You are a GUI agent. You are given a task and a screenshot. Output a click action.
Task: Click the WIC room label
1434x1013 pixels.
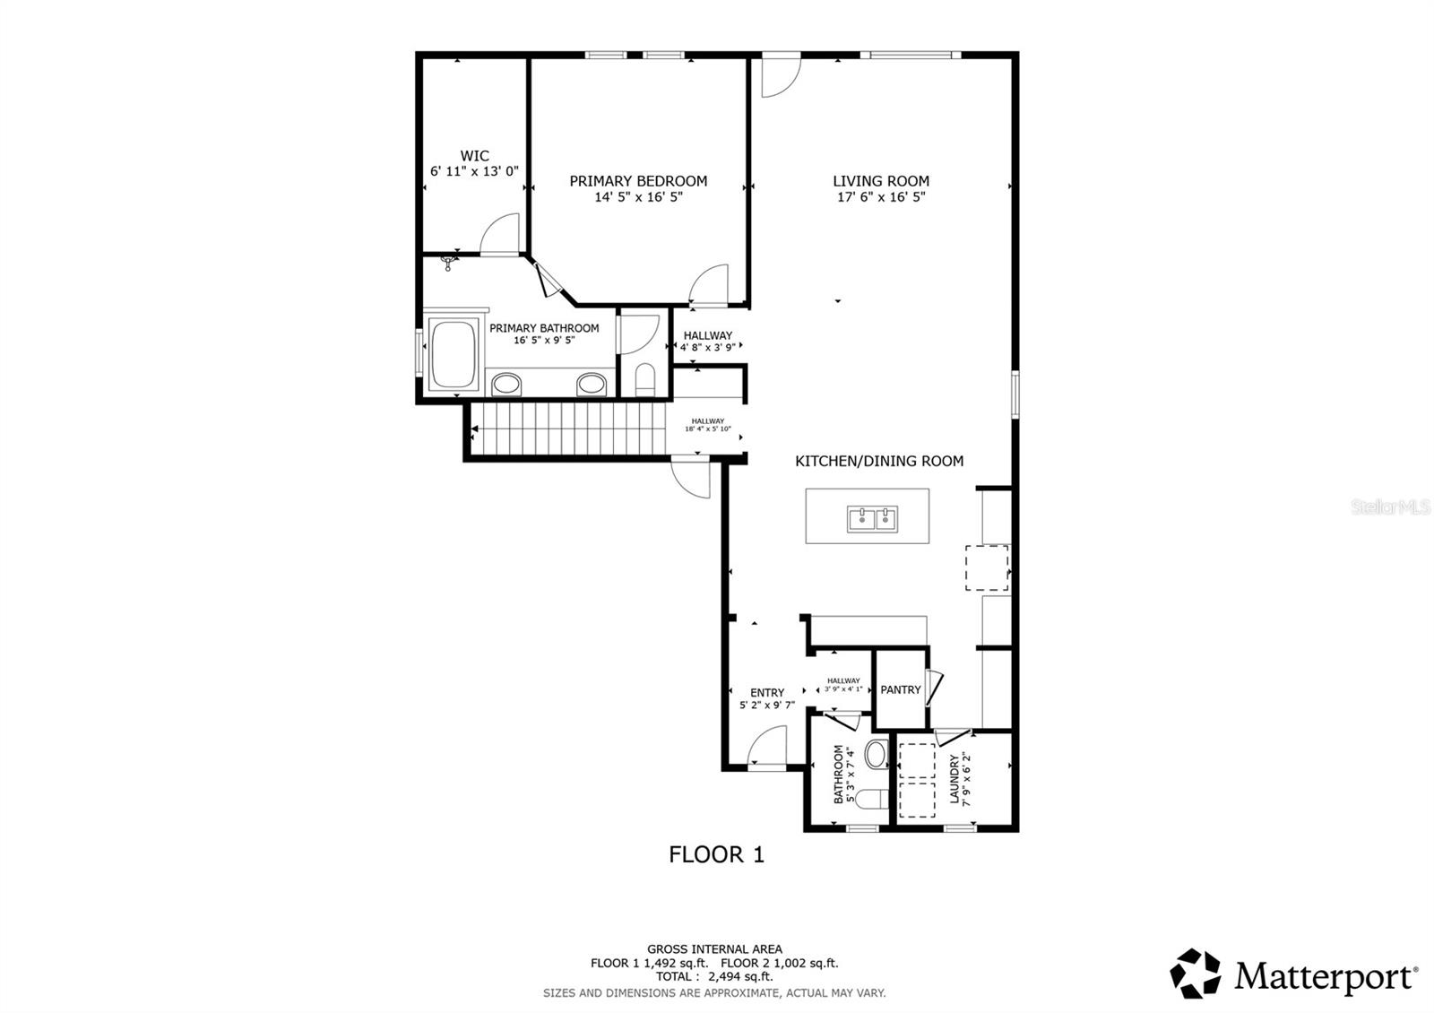474,156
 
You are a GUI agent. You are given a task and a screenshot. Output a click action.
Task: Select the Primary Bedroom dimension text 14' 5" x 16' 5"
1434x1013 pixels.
638,197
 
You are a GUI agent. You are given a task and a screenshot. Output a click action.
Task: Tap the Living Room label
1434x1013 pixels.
880,181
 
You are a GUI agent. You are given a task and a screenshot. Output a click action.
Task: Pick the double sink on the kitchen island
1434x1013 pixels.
873,517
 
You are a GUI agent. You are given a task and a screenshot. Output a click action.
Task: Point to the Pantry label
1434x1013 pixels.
900,689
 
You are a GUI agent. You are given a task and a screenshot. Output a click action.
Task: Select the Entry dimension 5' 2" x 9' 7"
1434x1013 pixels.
766,706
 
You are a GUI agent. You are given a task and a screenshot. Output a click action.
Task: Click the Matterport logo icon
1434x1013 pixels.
1196,973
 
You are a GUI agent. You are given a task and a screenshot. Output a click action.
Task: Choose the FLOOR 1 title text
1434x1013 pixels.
716,854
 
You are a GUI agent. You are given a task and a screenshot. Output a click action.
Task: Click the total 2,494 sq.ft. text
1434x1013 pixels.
714,977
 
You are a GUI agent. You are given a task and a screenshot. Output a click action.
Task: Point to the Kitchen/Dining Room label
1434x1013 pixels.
879,461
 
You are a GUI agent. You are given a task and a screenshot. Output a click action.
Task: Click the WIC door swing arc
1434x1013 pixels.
501,235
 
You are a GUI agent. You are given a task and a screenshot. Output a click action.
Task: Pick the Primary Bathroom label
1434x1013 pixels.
544,328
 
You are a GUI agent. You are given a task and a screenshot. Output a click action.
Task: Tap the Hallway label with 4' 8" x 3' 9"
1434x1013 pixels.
707,335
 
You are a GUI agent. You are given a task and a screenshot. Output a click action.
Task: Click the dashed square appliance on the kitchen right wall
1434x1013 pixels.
987,567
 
